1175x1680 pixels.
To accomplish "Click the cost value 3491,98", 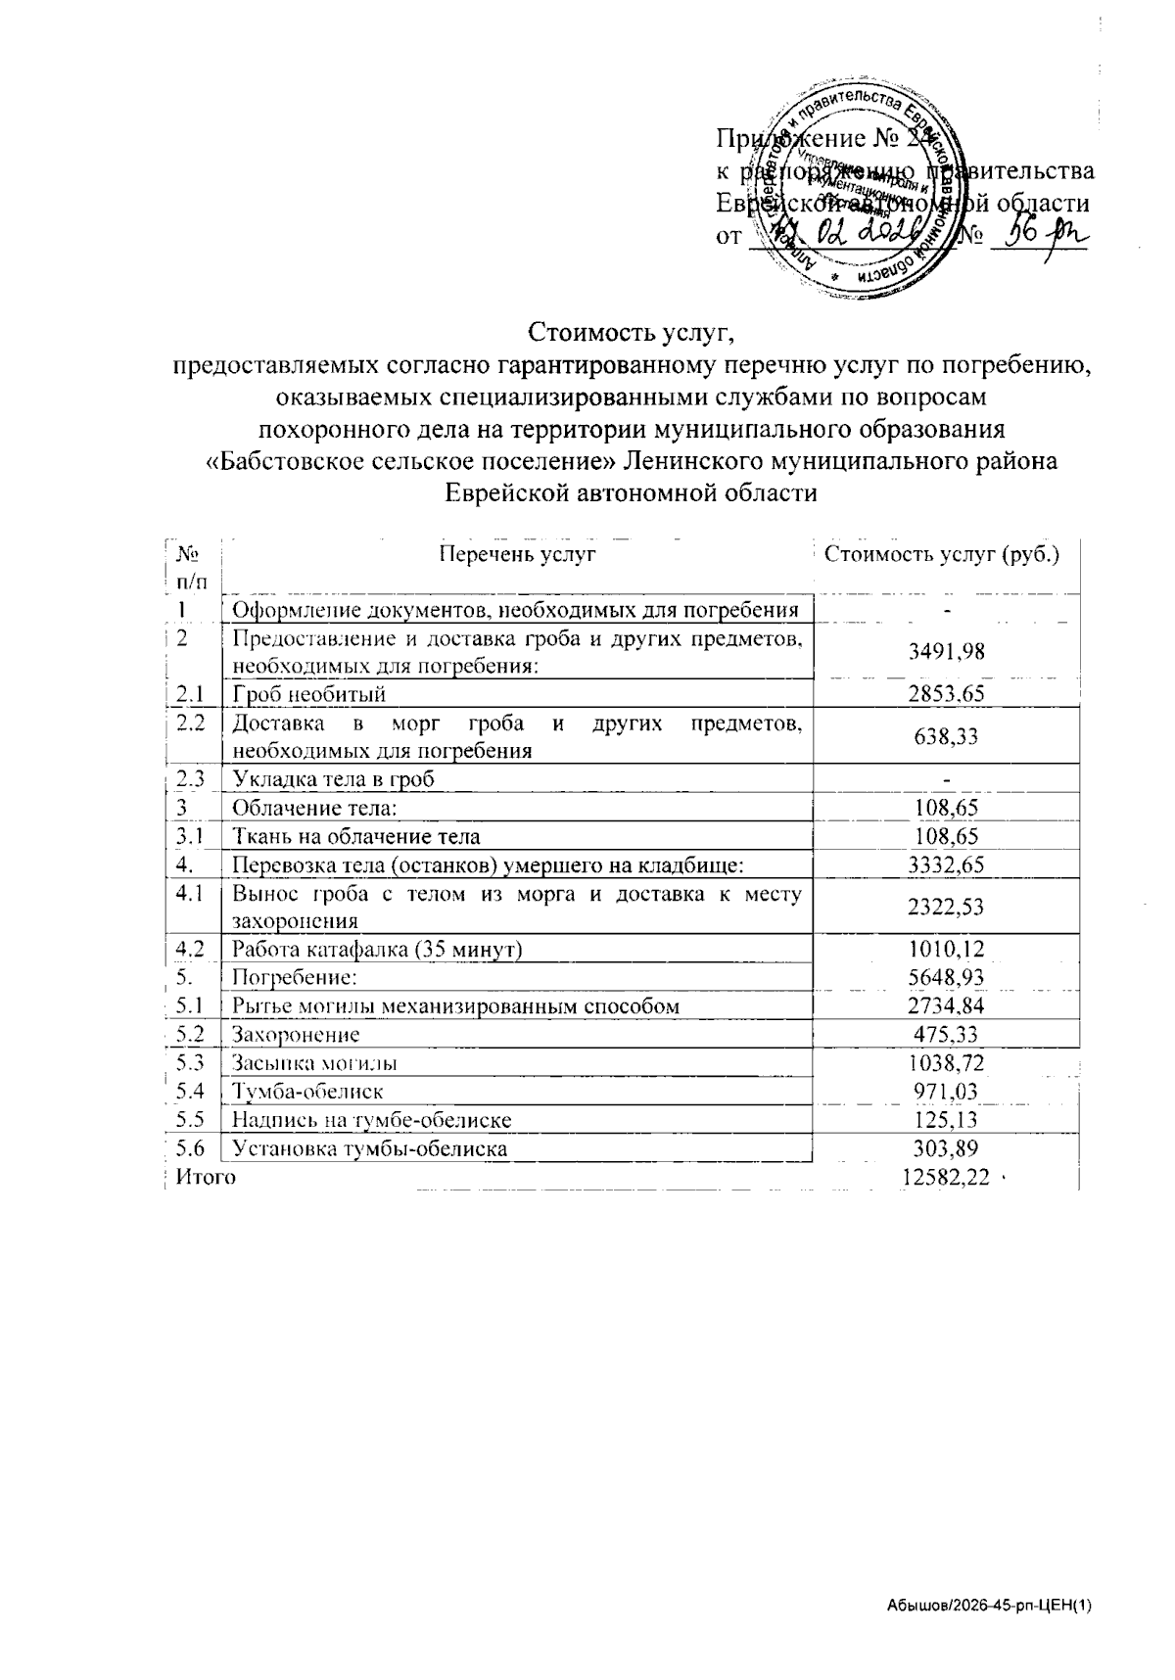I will point(946,652).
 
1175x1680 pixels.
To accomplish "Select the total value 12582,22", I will point(945,1177).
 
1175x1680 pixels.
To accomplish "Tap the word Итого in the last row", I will point(206,1177).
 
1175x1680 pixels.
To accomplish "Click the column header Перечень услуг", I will point(517,555).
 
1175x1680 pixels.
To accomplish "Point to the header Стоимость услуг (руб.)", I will point(942,555).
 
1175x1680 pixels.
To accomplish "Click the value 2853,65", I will point(946,694).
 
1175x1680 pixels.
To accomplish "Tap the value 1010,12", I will point(946,949).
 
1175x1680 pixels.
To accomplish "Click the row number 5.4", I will point(190,1090).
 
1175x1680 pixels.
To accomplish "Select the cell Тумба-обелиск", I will point(307,1091).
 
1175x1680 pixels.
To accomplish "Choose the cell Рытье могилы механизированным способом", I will point(455,1005).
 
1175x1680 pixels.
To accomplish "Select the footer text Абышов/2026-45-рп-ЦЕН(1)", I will point(988,1607).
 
